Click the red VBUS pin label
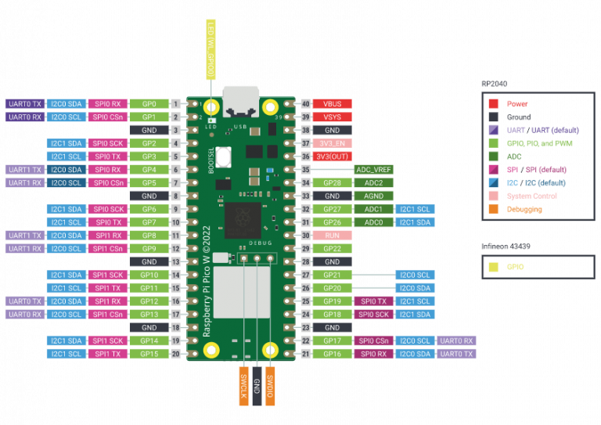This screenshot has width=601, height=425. pos(332,103)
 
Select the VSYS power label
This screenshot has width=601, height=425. pos(332,117)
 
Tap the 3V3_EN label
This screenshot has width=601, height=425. pos(332,143)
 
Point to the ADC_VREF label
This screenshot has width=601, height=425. pos(373,169)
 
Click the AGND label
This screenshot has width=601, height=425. pos(373,196)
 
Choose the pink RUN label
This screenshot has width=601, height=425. pos(332,235)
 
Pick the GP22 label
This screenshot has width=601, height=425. pos(332,248)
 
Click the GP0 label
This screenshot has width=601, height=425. pos(149,103)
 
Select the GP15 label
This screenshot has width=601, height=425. pos(149,354)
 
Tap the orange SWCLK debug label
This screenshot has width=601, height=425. pos(244,386)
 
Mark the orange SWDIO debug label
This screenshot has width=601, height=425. pos(270,386)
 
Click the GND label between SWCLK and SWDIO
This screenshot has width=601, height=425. pos(257,386)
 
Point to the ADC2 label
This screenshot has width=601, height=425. pos(373,182)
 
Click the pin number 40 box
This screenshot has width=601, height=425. pos(305,103)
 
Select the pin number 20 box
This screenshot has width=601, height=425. pos(175,354)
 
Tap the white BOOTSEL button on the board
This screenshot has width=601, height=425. pos(224,157)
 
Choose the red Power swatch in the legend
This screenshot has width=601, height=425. pos(494,103)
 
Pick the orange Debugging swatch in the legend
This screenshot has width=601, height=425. pos(494,209)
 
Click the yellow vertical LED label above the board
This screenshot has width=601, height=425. pos(211,49)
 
